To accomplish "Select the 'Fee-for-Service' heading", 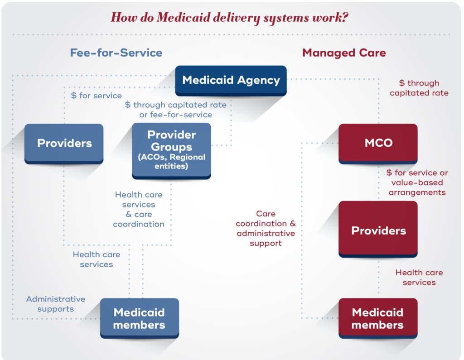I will [116, 53].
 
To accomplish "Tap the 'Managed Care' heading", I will [344, 53].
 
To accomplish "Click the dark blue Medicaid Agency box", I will [231, 81].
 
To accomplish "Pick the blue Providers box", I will [64, 143].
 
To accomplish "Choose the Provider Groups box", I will [171, 150].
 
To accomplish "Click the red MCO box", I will [378, 143].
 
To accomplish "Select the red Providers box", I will [378, 230].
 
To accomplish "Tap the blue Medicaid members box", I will [139, 318].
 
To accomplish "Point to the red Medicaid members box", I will [377, 318].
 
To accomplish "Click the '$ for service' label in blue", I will [97, 96].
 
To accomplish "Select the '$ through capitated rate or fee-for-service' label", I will [175, 110].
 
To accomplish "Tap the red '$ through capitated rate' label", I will [419, 88].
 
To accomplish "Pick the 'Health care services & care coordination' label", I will [139, 209].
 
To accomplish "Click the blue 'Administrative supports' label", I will [55, 304].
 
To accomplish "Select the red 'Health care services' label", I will [419, 277].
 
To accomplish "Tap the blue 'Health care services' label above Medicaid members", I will [96, 259].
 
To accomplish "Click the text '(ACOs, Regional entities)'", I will [171, 162].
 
